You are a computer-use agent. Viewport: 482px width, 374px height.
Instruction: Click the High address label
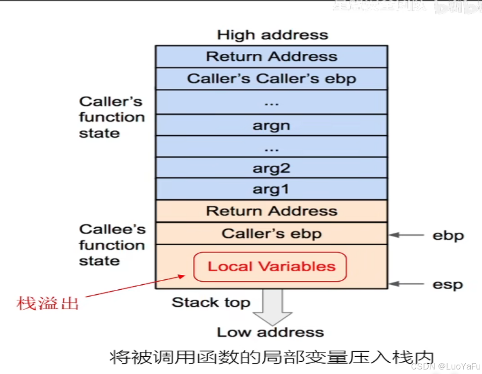click(272, 35)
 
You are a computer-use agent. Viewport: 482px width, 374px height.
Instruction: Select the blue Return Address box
click(271, 57)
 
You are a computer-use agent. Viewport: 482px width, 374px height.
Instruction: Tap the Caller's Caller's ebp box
click(271, 79)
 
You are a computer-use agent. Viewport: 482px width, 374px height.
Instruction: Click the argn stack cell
click(271, 125)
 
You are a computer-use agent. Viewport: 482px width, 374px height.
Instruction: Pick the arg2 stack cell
click(271, 168)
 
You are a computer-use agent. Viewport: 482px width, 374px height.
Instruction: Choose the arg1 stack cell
click(271, 189)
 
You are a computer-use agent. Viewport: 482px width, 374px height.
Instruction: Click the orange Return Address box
click(271, 211)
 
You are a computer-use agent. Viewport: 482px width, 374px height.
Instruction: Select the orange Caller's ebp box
click(271, 234)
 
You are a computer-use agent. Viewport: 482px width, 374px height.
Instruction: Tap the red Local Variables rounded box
click(270, 267)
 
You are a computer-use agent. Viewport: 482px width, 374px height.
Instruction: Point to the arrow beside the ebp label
click(406, 235)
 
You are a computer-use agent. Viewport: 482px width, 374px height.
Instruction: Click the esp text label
click(447, 285)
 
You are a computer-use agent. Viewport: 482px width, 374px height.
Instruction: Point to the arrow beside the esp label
click(406, 284)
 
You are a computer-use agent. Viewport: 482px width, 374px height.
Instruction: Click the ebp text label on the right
click(447, 235)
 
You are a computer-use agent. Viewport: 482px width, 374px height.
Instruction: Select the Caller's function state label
click(111, 117)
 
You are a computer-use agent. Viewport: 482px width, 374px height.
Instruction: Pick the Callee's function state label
click(111, 245)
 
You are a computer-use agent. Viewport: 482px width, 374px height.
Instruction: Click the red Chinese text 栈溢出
click(48, 303)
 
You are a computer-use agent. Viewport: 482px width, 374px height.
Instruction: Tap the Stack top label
click(211, 302)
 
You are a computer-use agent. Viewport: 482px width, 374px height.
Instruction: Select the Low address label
click(270, 332)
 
